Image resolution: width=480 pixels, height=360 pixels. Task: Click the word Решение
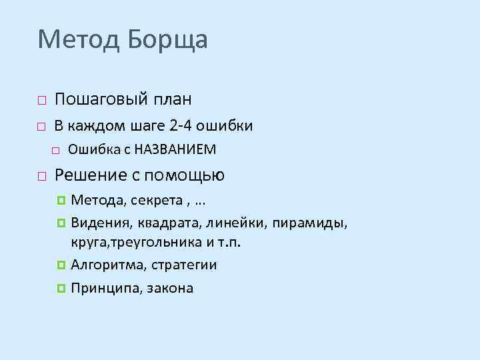pyautogui.click(x=91, y=175)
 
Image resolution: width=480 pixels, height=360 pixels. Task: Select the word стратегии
pyautogui.click(x=184, y=265)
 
